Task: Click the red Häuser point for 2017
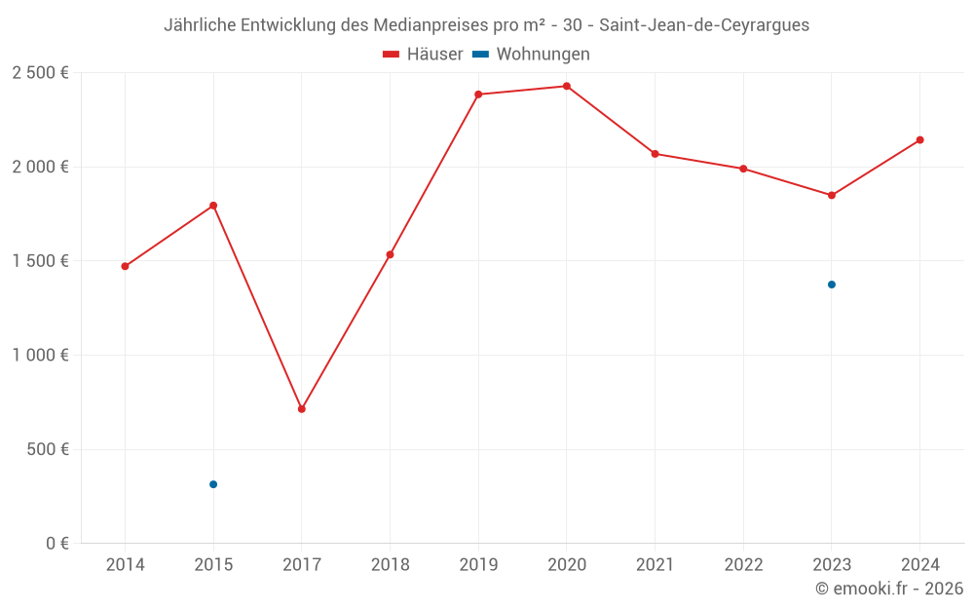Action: click(x=302, y=409)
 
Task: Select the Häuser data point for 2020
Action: click(x=567, y=87)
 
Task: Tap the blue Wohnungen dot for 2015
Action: click(x=213, y=484)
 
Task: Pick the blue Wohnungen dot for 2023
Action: click(x=832, y=285)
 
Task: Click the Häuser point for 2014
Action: click(x=125, y=266)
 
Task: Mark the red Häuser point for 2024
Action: click(x=919, y=140)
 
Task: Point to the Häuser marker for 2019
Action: click(x=478, y=95)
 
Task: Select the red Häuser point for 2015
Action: click(x=213, y=206)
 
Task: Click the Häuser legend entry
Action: click(x=423, y=55)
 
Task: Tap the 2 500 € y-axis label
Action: click(x=40, y=73)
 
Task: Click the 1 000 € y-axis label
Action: click(x=40, y=356)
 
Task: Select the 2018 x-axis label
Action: click(x=390, y=565)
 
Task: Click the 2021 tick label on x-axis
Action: click(x=655, y=565)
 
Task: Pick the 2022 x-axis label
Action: click(x=743, y=565)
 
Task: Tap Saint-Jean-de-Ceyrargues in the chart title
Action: click(x=704, y=25)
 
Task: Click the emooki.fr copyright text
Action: click(x=889, y=589)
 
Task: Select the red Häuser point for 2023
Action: click(x=832, y=195)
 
